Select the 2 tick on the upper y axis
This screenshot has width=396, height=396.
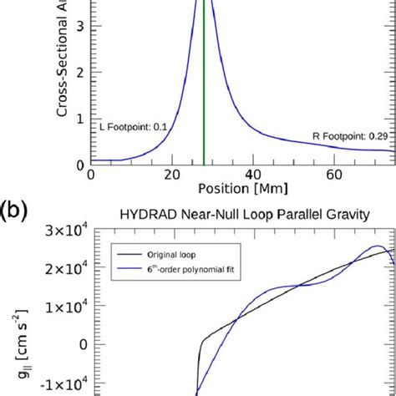79,72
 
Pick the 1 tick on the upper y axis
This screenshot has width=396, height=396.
79,118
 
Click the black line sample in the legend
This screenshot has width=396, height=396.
127,251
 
